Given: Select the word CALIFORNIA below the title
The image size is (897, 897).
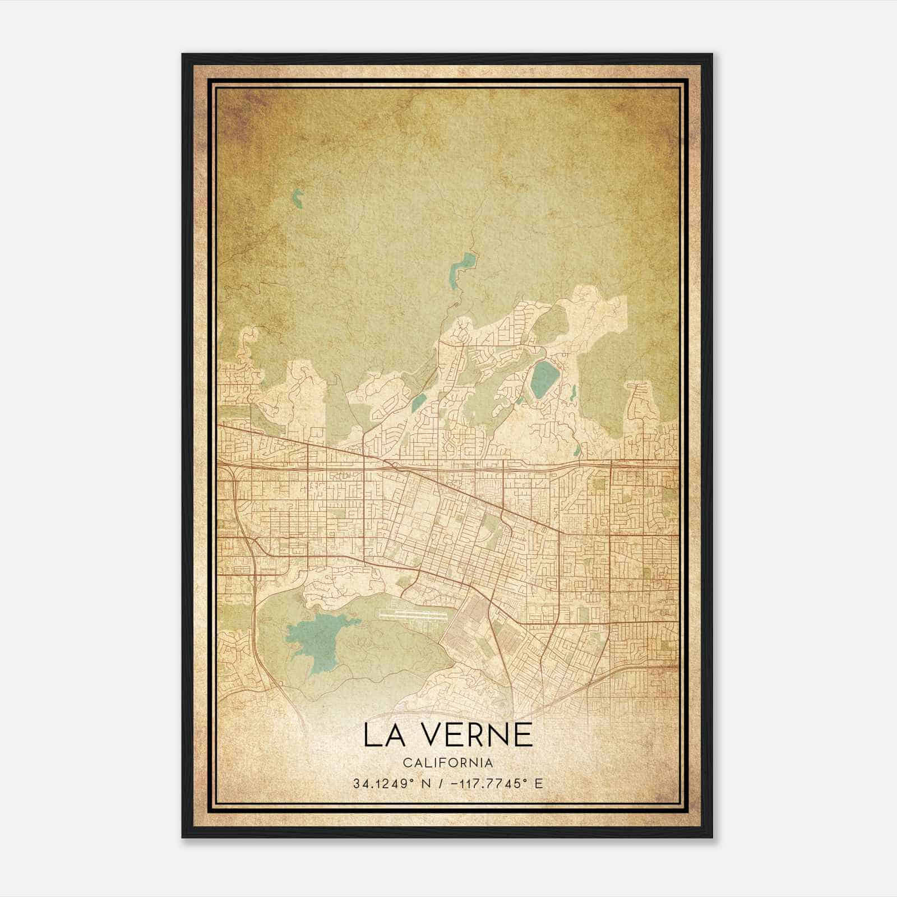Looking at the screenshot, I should [448, 763].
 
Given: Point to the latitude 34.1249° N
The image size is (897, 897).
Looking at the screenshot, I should [389, 784].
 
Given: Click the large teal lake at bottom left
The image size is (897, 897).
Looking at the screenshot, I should [314, 637].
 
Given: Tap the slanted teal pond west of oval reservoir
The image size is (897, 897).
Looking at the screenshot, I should [418, 401].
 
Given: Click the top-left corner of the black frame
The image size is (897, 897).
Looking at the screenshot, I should [183, 55].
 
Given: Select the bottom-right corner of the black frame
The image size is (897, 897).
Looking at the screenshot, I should [712, 837].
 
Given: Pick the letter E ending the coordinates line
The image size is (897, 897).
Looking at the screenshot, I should [539, 784].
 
